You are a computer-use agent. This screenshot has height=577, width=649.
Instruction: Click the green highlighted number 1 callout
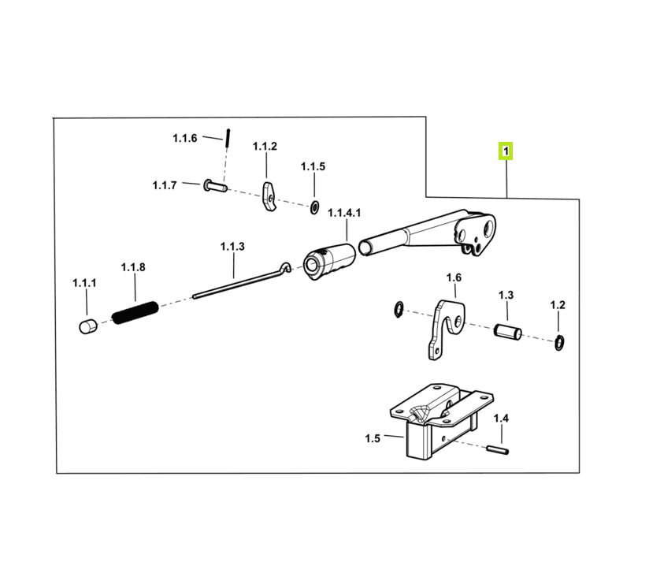506,151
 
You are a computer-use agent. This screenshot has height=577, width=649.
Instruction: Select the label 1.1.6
184,138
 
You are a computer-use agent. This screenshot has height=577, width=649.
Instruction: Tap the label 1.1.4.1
344,213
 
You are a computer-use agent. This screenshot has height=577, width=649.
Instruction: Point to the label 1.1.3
232,247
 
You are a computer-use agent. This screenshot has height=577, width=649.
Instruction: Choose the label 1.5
372,438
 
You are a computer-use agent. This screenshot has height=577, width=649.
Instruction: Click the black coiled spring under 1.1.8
135,312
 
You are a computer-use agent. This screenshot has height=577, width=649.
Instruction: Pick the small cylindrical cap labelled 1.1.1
87,326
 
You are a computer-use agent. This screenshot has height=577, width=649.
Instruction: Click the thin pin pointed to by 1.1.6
228,137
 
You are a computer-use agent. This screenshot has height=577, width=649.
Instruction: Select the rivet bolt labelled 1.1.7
215,185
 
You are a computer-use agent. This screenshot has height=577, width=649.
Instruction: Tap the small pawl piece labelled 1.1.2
269,195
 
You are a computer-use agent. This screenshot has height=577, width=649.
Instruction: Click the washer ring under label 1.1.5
314,207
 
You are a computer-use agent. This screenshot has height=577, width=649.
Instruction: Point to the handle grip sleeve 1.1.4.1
329,261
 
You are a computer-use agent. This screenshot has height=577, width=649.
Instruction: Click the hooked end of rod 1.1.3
285,266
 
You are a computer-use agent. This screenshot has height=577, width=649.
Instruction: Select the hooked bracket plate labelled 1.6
444,328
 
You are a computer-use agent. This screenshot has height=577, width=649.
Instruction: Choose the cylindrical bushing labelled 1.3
507,332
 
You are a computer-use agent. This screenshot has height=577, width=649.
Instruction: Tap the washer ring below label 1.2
558,342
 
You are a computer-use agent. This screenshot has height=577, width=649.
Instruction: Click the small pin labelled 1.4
498,449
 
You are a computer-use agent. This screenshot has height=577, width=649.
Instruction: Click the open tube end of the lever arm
365,248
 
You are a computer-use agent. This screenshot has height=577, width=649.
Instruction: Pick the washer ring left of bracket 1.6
399,310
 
